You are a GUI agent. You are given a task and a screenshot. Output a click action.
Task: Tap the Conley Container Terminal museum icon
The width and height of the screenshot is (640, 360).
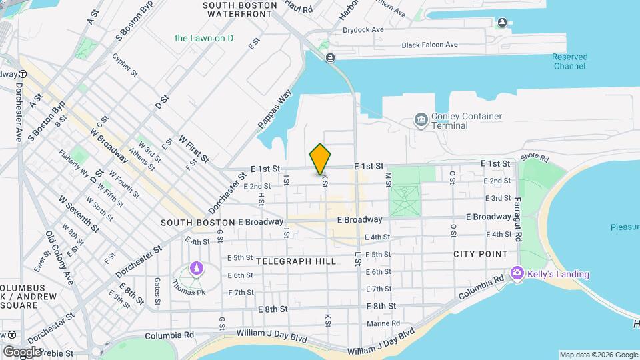421,120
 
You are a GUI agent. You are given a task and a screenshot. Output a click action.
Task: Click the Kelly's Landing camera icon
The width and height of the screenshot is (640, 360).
517,273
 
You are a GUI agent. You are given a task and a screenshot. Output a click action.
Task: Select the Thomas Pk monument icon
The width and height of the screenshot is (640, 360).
196,269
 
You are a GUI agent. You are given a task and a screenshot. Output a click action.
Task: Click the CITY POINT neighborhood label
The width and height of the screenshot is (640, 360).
480,254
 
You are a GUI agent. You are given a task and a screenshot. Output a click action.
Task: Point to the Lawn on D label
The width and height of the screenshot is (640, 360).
204,38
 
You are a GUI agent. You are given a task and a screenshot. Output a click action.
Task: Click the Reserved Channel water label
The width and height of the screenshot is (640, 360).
569,61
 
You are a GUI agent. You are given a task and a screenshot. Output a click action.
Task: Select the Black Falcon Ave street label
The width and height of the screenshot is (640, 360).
429,45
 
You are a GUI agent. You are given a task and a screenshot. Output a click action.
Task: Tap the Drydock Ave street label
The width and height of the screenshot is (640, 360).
363,29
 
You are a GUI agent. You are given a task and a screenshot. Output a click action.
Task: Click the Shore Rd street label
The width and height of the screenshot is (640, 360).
534,157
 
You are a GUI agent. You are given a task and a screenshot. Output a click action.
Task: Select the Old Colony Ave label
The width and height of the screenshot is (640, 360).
59,257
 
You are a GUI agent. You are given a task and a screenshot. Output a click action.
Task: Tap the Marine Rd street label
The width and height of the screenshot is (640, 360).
383,324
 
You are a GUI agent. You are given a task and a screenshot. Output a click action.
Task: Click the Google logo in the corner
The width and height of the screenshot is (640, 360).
22,351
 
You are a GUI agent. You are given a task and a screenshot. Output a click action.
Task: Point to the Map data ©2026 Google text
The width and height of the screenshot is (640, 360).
597,355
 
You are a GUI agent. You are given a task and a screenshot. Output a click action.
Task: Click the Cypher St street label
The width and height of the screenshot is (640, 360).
125,65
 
